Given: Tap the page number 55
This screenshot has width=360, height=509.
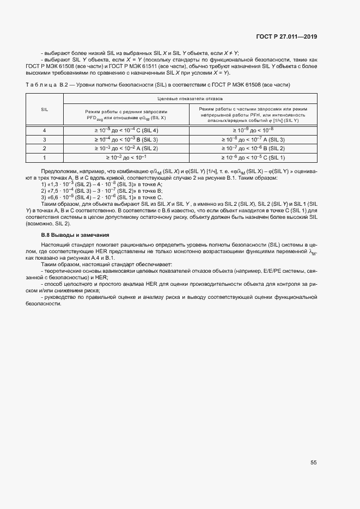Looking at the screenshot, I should pos(314,463).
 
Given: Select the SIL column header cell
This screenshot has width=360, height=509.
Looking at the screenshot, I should pos(45,109).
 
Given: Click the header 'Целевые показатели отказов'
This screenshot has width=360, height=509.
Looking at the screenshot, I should pos(189,99).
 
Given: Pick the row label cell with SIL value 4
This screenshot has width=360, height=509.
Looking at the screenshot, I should pos(45,130).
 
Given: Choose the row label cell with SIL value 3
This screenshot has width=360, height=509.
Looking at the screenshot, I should pos(45,139).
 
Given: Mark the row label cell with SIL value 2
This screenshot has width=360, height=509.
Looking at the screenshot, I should pos(45,148).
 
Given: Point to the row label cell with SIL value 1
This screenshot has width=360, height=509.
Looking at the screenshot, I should pos(45,157).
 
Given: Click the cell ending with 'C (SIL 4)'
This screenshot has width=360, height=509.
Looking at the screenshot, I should pos(126,130).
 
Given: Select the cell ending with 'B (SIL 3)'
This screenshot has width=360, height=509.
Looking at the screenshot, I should pos(126,139).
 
